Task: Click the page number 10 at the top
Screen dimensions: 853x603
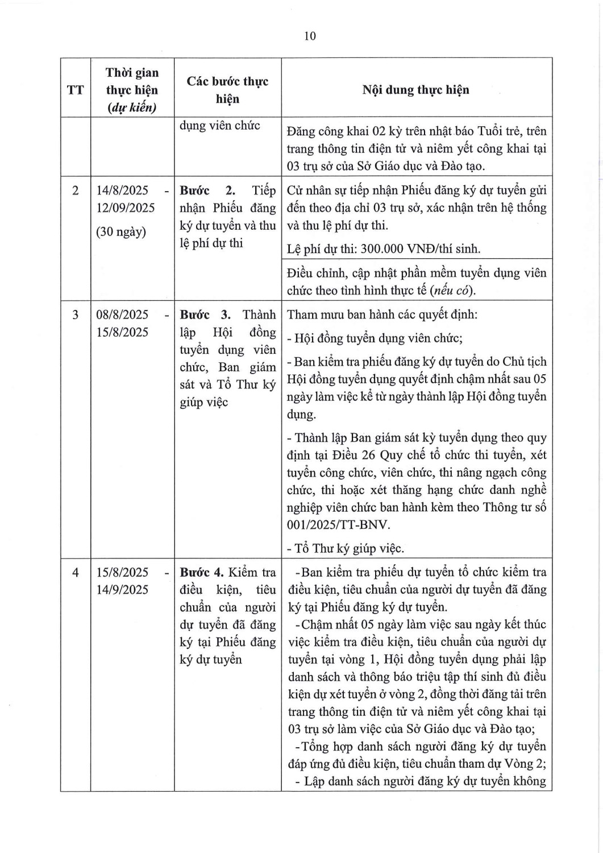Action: [310, 36]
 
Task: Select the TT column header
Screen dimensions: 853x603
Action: [75, 90]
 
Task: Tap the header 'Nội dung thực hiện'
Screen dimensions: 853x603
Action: [415, 90]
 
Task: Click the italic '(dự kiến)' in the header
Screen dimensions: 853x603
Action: [132, 107]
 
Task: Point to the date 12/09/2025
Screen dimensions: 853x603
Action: [125, 208]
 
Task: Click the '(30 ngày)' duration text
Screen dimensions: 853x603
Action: [121, 232]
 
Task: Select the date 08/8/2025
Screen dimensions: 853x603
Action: [122, 315]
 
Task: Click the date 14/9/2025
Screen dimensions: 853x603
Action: [122, 590]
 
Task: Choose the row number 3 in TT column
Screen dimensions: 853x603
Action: [75, 315]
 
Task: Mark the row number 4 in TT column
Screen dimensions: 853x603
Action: [75, 573]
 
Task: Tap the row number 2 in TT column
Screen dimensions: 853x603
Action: [75, 191]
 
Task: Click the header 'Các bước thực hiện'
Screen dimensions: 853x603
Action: [227, 90]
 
